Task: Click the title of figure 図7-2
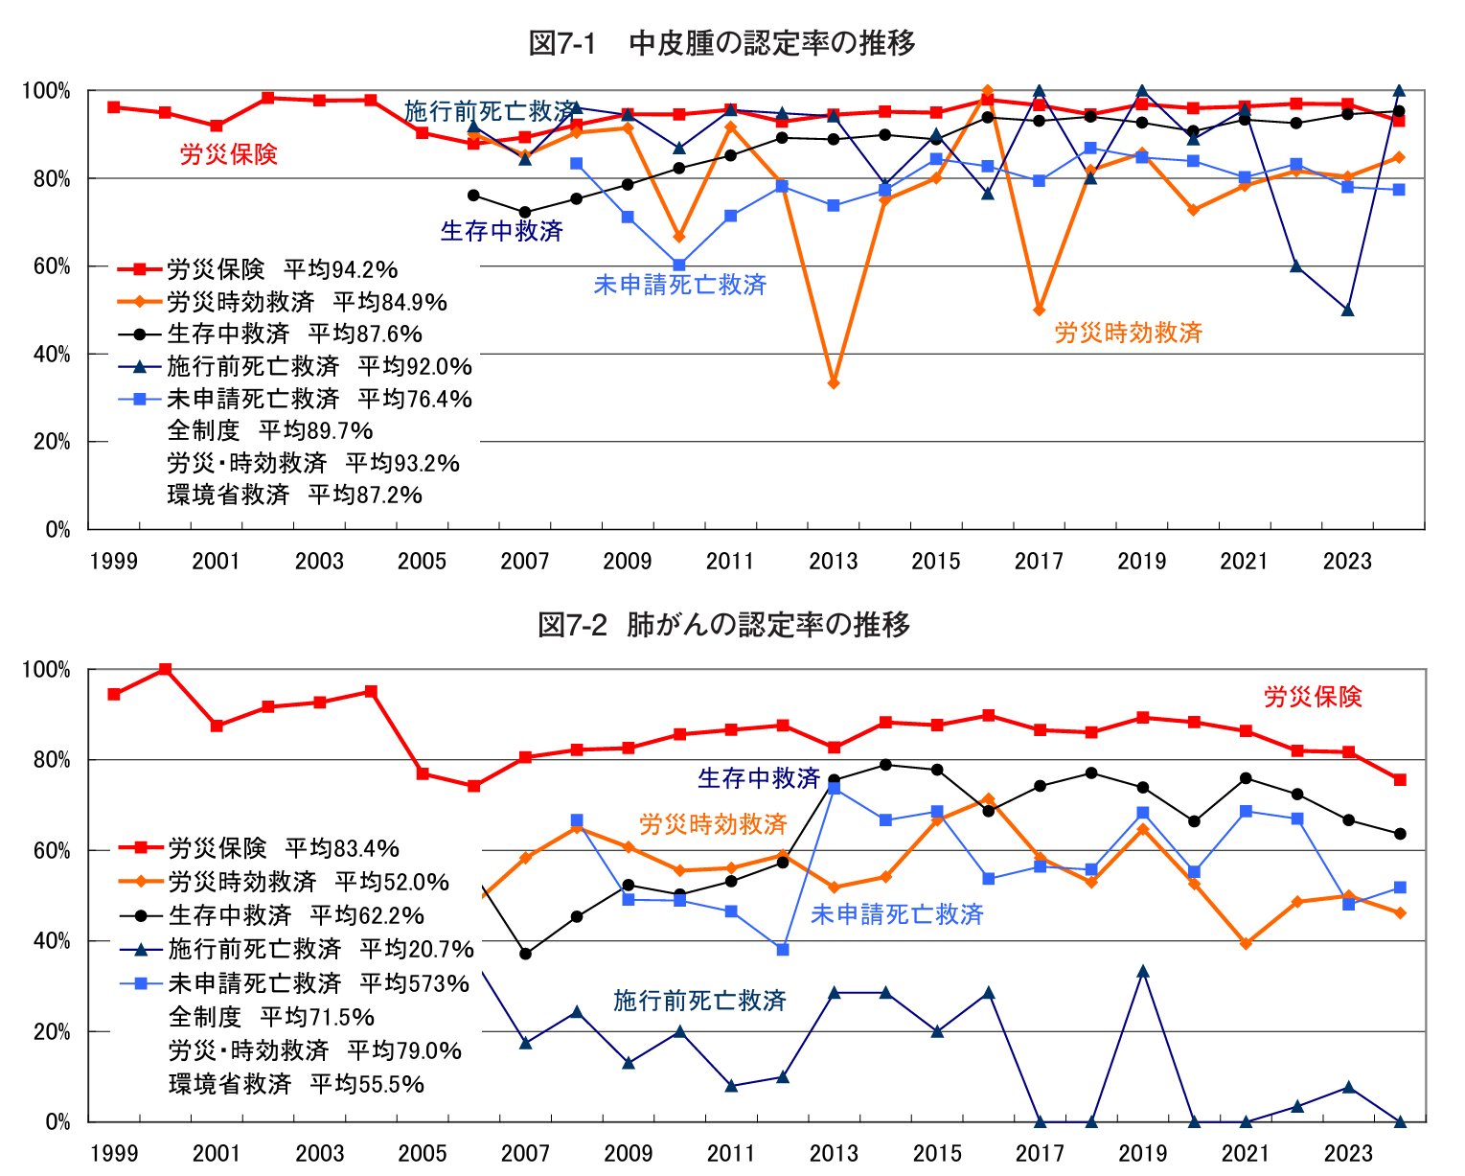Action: coord(723,625)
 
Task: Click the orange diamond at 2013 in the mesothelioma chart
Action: coord(834,383)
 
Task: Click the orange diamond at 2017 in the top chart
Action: coord(1040,311)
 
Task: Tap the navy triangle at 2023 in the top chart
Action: coord(1348,310)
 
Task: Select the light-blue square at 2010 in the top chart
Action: coord(679,265)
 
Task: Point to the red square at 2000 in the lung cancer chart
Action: coord(165,669)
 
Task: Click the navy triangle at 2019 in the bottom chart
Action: coord(1142,972)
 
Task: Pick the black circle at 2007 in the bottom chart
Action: coord(525,954)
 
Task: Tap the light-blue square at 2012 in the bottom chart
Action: coord(783,950)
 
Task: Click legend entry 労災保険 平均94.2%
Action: coord(282,269)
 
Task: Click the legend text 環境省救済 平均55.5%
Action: coord(296,1084)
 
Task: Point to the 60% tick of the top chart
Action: coord(53,266)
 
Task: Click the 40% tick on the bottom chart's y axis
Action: coord(53,941)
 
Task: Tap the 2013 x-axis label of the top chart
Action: coord(833,561)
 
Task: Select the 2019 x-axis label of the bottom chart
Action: coord(1142,1153)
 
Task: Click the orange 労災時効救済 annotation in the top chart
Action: coord(1128,333)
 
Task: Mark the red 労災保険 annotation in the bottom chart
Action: coord(1313,697)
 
